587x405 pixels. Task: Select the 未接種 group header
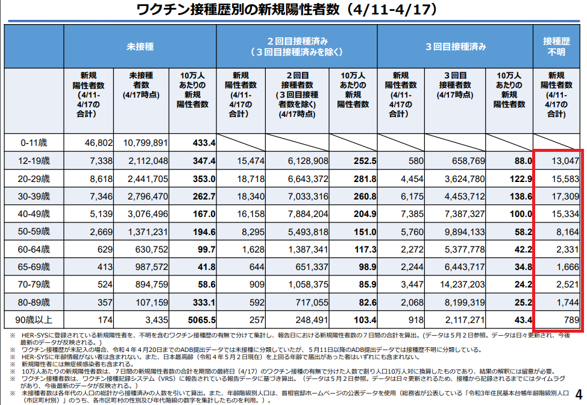tap(140, 46)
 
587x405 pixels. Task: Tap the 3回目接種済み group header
tap(455, 46)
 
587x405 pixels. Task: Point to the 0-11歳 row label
tap(34, 142)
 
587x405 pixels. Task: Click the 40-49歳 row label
tap(34, 213)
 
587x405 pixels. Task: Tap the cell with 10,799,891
tap(145, 142)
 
